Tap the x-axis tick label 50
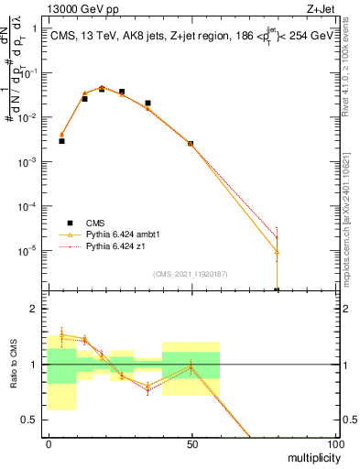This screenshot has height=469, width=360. pos(191,444)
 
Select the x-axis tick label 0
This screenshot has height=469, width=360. pos(49,444)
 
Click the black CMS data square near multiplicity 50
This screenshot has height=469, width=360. pos(191,144)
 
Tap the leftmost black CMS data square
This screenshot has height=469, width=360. pos(61,141)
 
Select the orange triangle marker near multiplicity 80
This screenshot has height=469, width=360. pos(277,252)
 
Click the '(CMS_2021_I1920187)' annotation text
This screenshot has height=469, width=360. pos(191,274)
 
